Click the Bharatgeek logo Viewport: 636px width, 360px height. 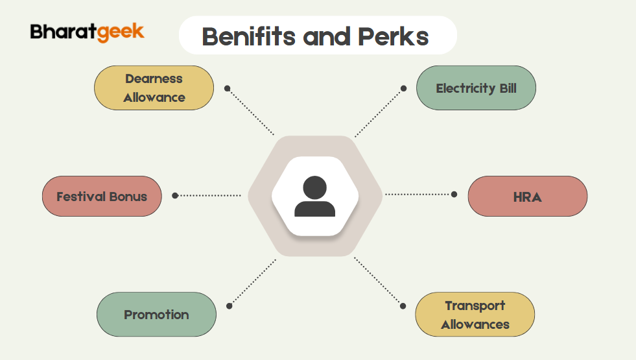click(87, 32)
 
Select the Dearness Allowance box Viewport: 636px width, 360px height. click(154, 88)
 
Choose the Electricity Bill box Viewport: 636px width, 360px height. click(476, 88)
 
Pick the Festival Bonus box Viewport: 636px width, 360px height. click(102, 196)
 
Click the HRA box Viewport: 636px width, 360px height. click(527, 196)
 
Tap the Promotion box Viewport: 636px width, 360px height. click(156, 315)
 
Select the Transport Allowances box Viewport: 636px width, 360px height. click(475, 315)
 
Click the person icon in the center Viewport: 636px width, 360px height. click(314, 197)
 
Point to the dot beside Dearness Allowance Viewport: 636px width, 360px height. click(227, 88)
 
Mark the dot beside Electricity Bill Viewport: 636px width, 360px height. click(403, 88)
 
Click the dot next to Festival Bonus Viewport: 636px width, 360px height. click(175, 195)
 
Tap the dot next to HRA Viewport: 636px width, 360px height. click(454, 194)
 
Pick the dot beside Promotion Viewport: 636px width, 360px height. click(229, 306)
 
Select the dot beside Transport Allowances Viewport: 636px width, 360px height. click(403, 306)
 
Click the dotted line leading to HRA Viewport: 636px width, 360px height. click(418, 194)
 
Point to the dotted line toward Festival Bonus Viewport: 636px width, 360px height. click(211, 195)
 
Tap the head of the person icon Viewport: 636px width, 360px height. click(314, 187)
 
